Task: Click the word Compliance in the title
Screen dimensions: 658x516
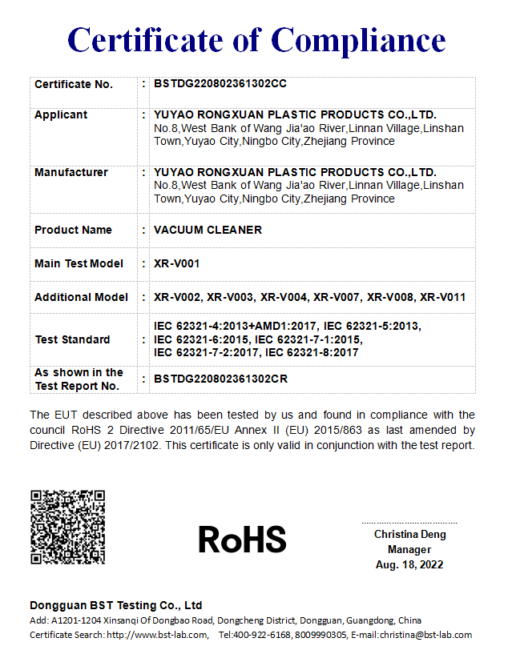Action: [x=359, y=39]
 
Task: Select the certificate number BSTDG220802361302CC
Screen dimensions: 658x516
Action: [x=220, y=84]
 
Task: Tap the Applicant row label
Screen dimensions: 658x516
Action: [x=61, y=114]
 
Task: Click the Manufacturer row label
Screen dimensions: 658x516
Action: [x=71, y=172]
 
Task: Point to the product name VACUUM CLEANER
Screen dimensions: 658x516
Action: [x=208, y=230]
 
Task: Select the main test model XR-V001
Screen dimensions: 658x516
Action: [x=176, y=263]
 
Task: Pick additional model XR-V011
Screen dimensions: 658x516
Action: [x=443, y=297]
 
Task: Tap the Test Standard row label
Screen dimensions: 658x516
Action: [x=72, y=339]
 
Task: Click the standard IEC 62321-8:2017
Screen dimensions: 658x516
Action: [x=312, y=352]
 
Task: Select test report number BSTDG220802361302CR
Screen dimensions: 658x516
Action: [x=220, y=379]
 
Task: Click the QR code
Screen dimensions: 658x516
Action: [x=67, y=527]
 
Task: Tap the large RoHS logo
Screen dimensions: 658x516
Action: [x=242, y=539]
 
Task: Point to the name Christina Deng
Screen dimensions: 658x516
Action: [x=409, y=534]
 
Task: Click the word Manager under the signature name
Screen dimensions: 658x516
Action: [x=409, y=549]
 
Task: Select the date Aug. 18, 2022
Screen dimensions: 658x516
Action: [x=409, y=564]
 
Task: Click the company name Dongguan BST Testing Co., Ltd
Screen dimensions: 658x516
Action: [x=116, y=605]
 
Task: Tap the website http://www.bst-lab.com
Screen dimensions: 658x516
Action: [x=157, y=635]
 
